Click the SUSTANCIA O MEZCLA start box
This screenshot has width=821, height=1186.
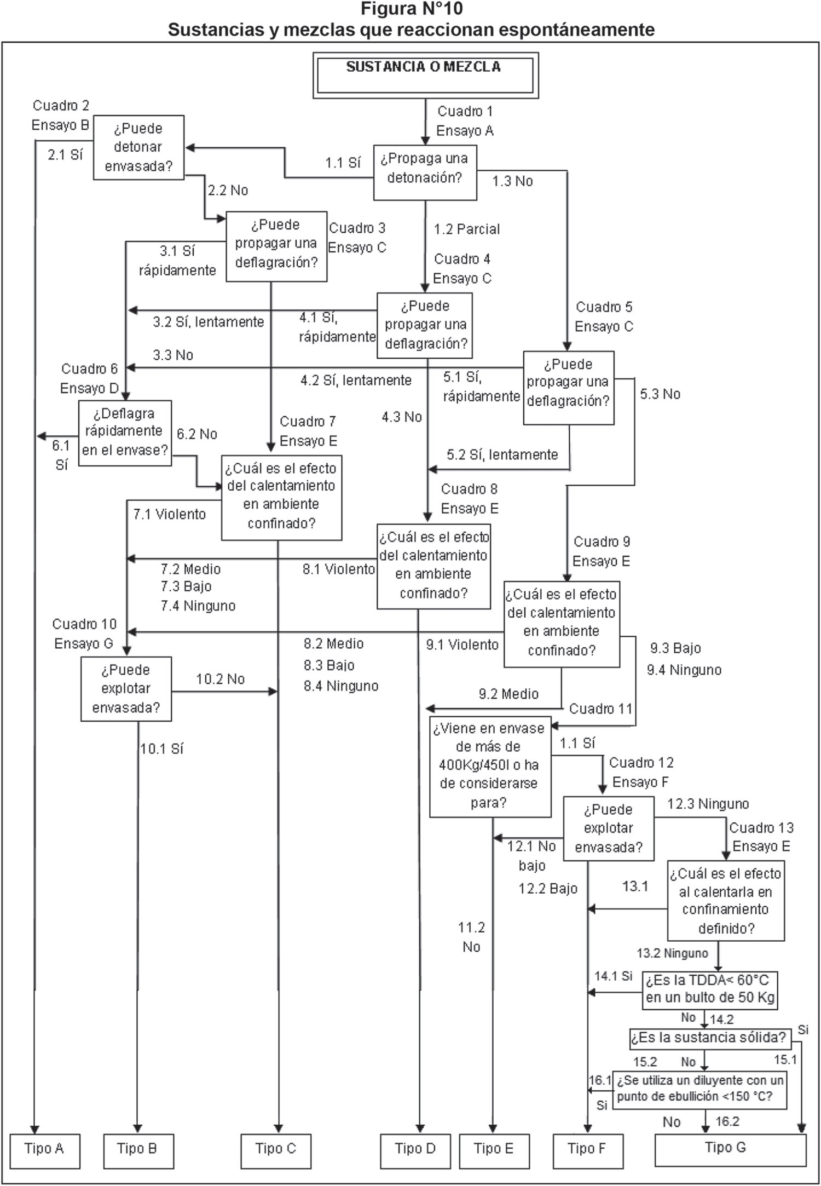coord(425,75)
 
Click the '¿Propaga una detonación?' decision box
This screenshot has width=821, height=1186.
coord(425,172)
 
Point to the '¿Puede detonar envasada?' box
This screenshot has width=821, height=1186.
coord(138,147)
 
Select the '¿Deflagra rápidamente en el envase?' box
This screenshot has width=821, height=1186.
coord(125,433)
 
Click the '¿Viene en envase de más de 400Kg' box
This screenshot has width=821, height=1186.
coord(490,766)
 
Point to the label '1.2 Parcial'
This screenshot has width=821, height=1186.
coord(467,229)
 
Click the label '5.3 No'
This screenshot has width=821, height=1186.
coord(660,394)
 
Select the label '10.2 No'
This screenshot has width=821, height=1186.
coord(220,679)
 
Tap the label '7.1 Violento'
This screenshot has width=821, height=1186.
coord(169,514)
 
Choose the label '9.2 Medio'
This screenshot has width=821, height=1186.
coord(508,694)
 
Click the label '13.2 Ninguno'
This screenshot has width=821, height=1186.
coord(672,953)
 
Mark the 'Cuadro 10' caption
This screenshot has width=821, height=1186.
coord(84,624)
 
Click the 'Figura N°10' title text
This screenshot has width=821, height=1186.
coord(412,9)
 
